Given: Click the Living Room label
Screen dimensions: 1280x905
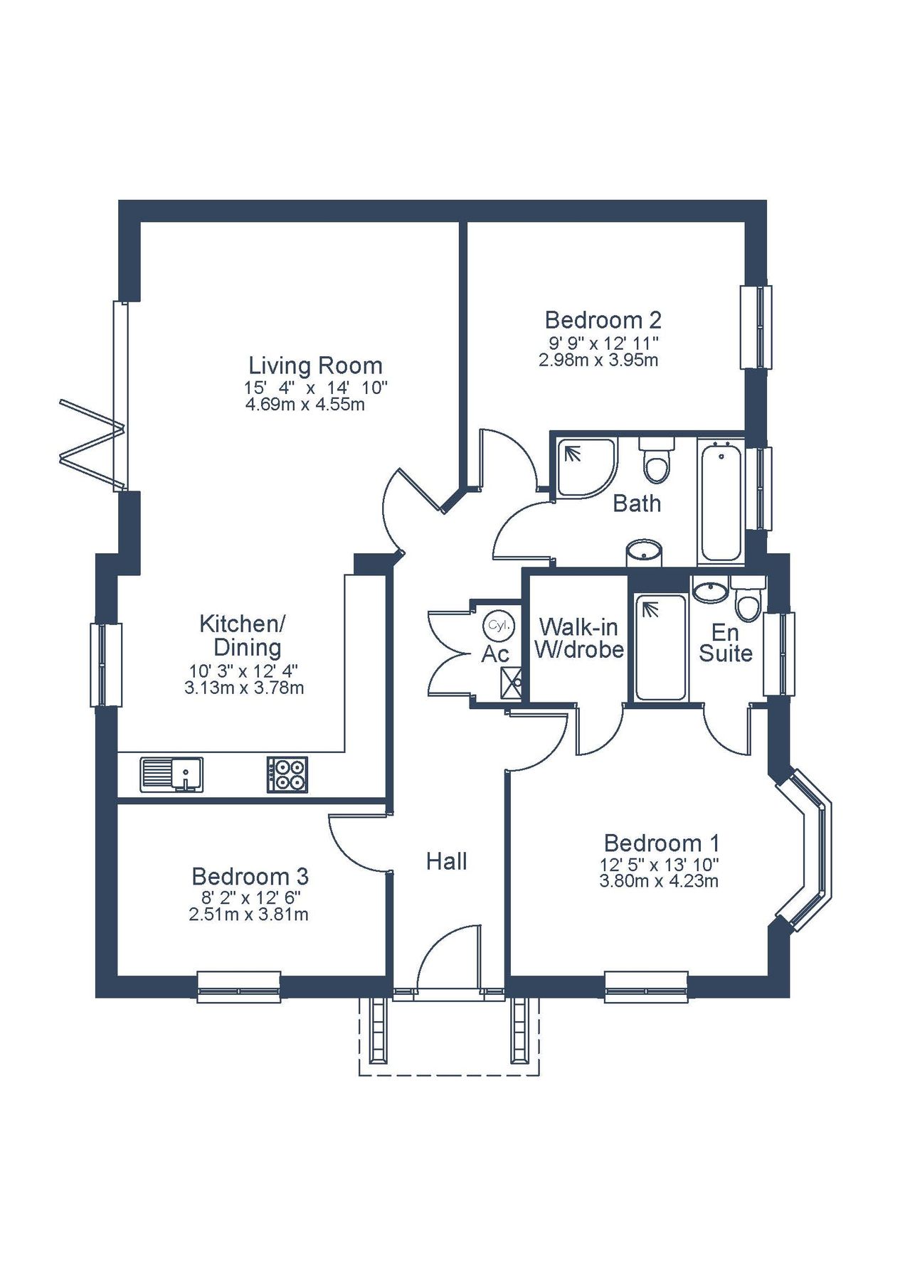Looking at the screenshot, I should coord(315,366).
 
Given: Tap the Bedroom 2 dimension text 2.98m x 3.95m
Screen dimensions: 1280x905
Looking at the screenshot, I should coord(598,360).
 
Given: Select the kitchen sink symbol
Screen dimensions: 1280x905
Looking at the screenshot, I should coord(171,774).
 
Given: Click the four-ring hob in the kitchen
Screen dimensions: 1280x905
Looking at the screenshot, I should coord(287,774).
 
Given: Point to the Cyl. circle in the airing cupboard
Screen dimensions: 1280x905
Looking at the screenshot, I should coord(497,626).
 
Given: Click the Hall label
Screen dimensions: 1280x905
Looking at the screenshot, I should coord(446,862).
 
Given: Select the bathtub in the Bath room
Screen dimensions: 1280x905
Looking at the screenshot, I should coord(721,501).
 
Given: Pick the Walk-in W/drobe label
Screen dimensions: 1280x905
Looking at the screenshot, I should coord(578,638).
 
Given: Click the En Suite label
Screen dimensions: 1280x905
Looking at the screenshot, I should coord(725,643).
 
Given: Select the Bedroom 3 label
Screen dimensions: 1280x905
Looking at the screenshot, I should coord(250,876).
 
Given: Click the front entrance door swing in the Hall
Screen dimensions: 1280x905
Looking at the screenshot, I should coord(448,956).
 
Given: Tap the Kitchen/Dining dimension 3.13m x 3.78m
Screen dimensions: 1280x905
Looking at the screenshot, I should coord(244,688).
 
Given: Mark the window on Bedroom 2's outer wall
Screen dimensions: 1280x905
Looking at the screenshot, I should coord(756,327).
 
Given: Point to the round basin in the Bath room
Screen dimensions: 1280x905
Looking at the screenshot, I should coord(644,552).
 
